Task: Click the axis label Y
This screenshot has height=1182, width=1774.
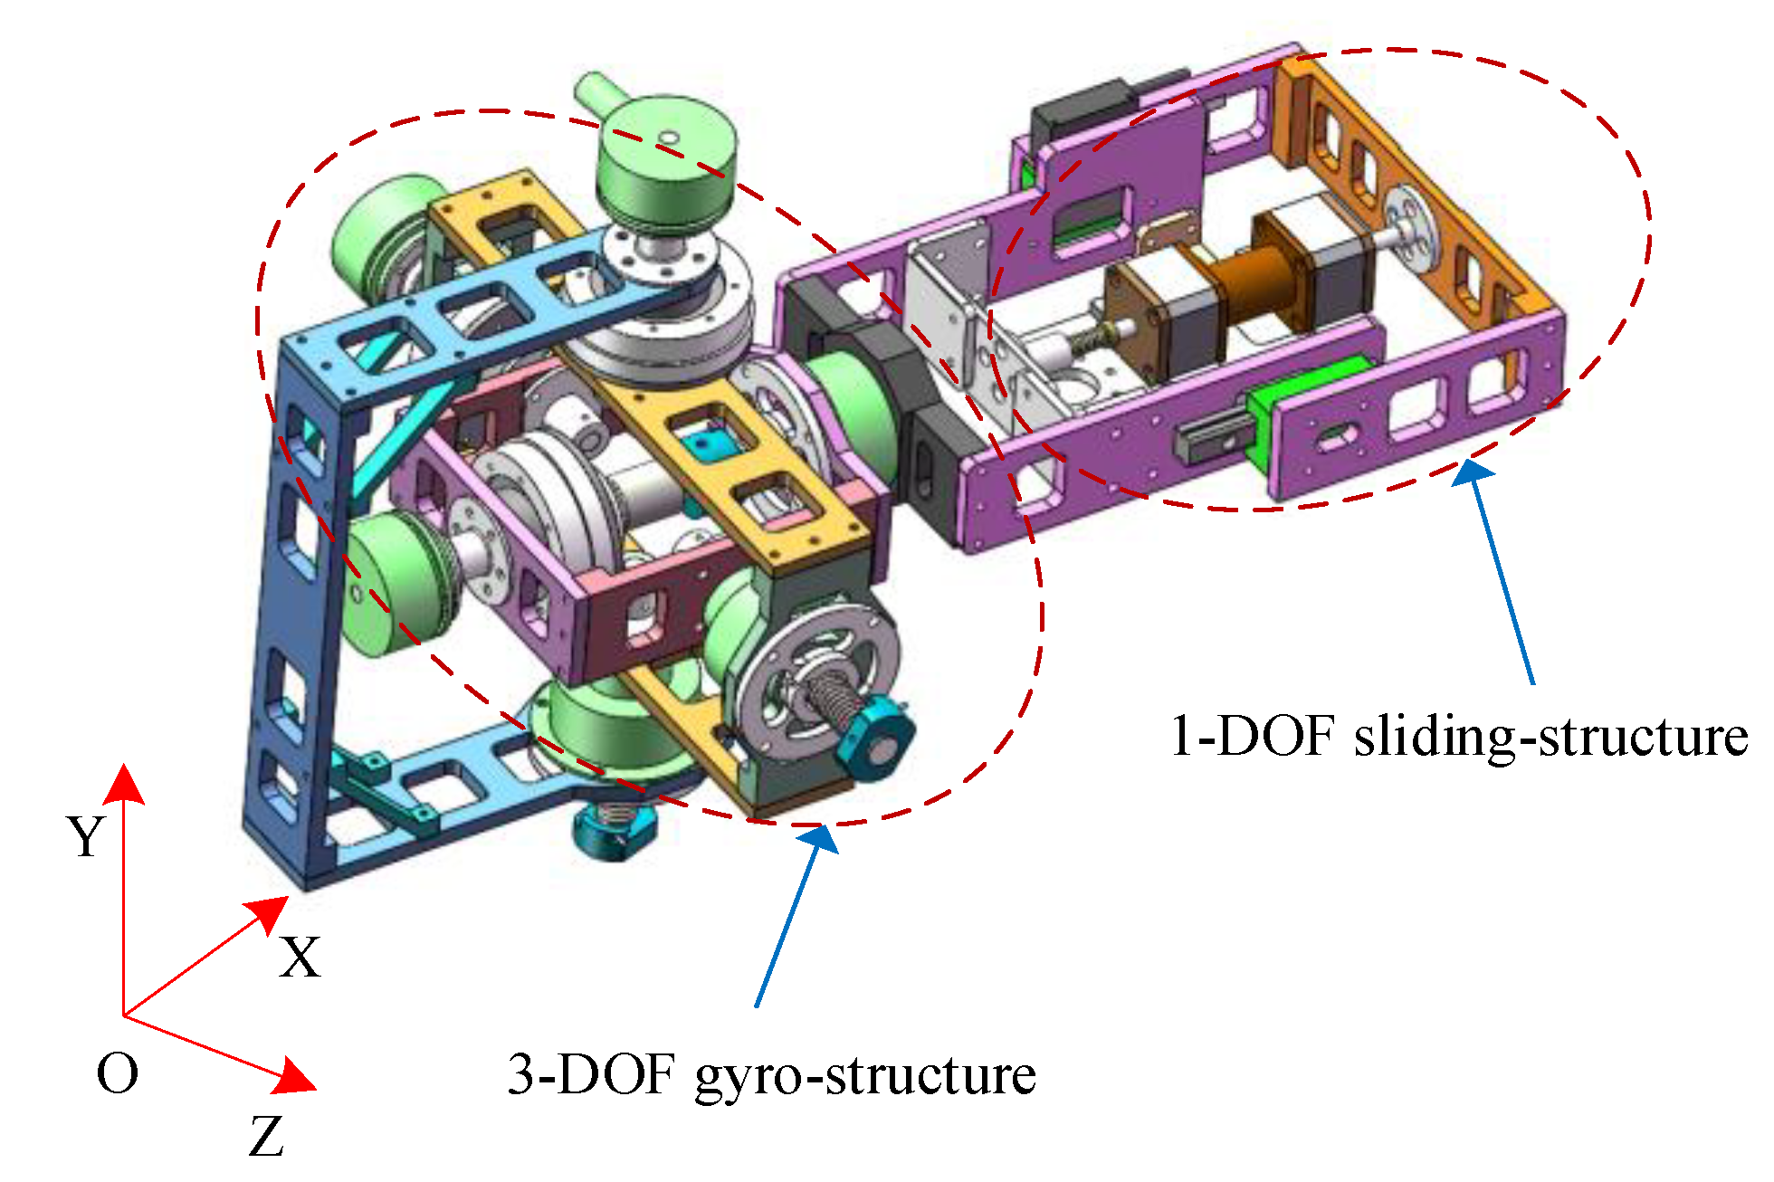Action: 87,836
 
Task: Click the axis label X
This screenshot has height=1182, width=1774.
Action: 300,957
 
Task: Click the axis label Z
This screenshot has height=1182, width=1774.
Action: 266,1137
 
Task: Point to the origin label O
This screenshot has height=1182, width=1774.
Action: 118,1074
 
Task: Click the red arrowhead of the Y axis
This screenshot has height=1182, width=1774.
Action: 123,784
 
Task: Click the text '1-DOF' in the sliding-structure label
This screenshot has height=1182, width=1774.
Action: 1253,735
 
